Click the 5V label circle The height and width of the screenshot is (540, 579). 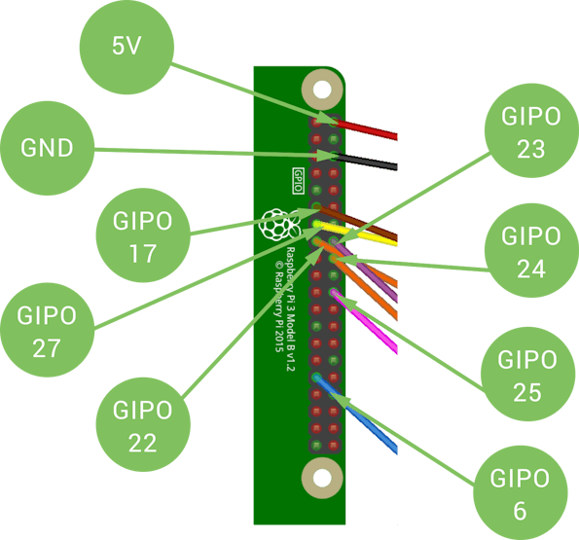127,47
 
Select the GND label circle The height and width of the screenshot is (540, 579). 48,148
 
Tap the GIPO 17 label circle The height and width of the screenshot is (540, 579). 143,235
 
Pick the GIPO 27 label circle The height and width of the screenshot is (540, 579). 48,330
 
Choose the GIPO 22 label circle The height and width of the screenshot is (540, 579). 143,424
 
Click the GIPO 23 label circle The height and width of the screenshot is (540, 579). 531,130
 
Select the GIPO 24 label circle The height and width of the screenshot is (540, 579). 531,250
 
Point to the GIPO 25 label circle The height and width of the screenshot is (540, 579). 528,374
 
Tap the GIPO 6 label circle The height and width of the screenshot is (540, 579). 521,492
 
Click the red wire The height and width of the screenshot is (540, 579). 366,129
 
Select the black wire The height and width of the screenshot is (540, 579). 366,162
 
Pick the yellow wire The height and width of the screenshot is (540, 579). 356,234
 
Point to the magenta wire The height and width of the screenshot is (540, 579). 365,322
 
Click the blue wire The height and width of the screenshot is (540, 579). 356,414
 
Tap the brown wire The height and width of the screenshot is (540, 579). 356,223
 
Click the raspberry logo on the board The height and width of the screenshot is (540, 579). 279,225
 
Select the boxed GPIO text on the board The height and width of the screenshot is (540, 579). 299,181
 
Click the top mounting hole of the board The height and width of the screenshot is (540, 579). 322,90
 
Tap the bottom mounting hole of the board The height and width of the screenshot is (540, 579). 322,479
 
